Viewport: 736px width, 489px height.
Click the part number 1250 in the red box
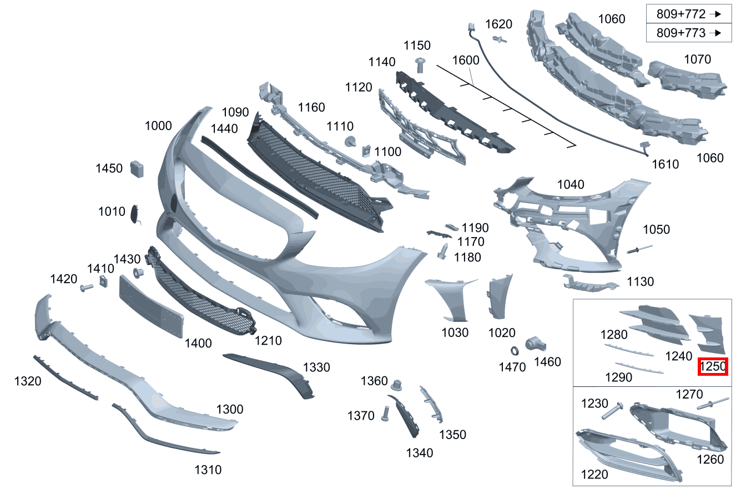point(713,366)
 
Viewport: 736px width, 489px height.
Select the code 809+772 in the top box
point(681,14)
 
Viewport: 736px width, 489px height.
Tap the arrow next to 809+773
point(715,33)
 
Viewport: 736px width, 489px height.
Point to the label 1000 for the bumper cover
point(158,125)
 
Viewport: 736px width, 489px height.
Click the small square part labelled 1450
point(137,169)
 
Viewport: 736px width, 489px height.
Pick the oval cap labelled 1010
point(135,214)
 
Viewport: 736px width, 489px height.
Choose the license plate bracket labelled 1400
point(151,306)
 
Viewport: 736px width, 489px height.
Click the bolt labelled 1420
point(87,288)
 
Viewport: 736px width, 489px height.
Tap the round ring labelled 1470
point(515,351)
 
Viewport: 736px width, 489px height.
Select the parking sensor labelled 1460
point(535,344)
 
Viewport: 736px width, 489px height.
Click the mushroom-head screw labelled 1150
point(420,65)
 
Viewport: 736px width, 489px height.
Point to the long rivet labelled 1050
point(639,249)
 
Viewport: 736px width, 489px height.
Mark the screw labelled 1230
point(613,410)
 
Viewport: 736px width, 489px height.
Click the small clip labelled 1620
point(500,40)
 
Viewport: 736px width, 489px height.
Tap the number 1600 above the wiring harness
point(466,60)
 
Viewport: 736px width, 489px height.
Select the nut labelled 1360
point(397,385)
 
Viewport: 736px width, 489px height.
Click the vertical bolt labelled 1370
point(385,414)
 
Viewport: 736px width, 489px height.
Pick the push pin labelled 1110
point(351,142)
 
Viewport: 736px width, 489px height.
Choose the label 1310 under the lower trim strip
point(208,470)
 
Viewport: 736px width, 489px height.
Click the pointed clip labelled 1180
point(443,251)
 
